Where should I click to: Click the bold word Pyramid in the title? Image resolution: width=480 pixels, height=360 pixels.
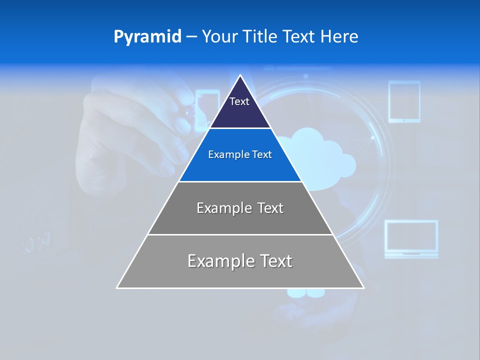(x=147, y=37)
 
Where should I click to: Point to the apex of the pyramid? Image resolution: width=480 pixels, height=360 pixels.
(x=240, y=75)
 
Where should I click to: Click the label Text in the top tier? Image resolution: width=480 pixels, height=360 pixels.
(x=239, y=101)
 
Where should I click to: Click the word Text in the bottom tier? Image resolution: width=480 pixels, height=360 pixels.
(x=274, y=261)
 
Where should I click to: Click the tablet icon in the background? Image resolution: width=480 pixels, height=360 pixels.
(x=404, y=101)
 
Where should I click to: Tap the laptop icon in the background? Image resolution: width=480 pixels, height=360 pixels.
(x=411, y=239)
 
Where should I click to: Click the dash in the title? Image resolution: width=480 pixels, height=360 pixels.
(x=191, y=37)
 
